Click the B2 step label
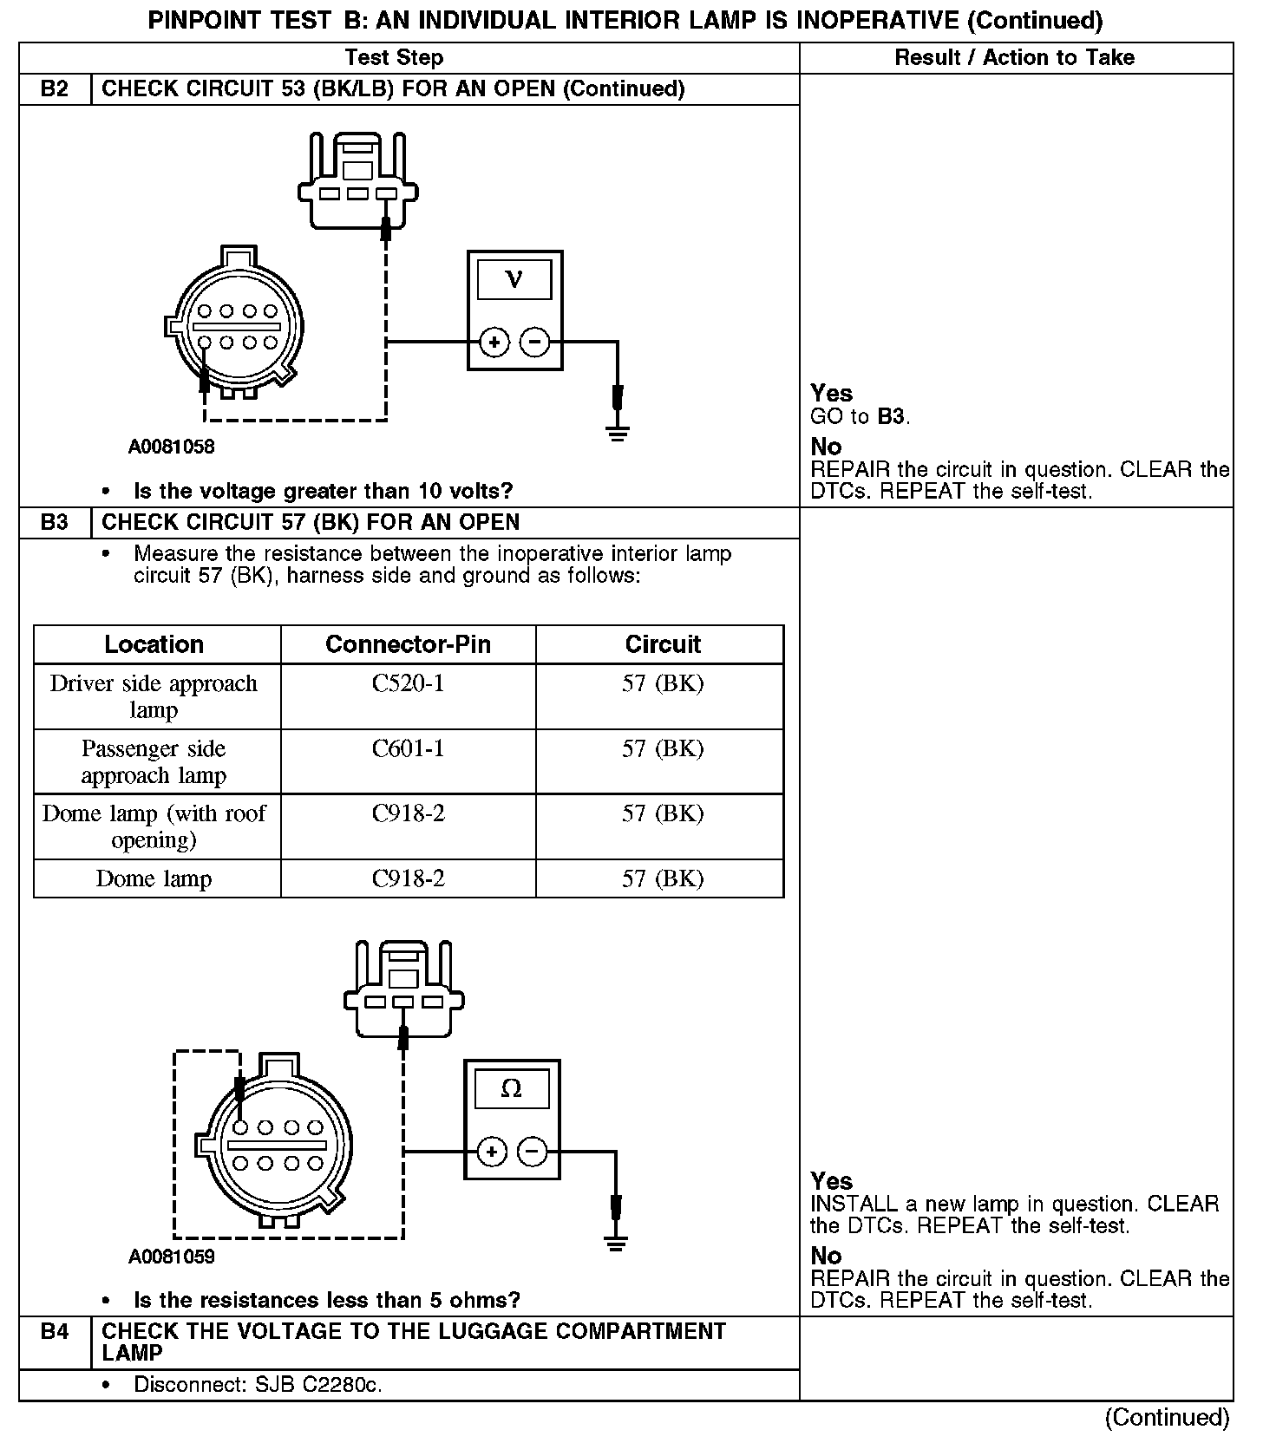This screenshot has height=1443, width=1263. pyautogui.click(x=55, y=89)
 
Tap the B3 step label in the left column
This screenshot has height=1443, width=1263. pyautogui.click(x=55, y=523)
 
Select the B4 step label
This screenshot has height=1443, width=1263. pyautogui.click(x=55, y=1331)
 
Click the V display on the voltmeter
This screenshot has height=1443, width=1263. pyautogui.click(x=514, y=280)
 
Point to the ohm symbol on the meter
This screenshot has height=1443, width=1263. pyautogui.click(x=512, y=1089)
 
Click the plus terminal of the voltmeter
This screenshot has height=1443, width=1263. pyautogui.click(x=494, y=343)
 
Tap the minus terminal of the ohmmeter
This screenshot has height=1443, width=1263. pyautogui.click(x=532, y=1152)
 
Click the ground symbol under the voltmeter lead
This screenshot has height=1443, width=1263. pyautogui.click(x=618, y=433)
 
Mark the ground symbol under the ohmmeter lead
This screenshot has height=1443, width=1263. pyautogui.click(x=616, y=1244)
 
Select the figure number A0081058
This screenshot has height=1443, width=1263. pyautogui.click(x=172, y=447)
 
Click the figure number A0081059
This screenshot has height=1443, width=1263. pyautogui.click(x=172, y=1257)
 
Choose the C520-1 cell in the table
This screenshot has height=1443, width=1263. pyautogui.click(x=408, y=684)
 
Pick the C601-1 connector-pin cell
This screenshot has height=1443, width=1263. pyautogui.click(x=408, y=749)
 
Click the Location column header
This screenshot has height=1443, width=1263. pyautogui.click(x=154, y=644)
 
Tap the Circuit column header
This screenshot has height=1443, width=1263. pyautogui.click(x=663, y=644)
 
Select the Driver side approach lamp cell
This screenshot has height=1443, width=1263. pyautogui.click(x=154, y=696)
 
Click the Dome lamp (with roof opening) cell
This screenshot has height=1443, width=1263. pyautogui.click(x=154, y=826)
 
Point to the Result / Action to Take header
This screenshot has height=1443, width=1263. pyautogui.click(x=1014, y=58)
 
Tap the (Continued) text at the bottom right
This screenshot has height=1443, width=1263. pyautogui.click(x=1167, y=1417)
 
